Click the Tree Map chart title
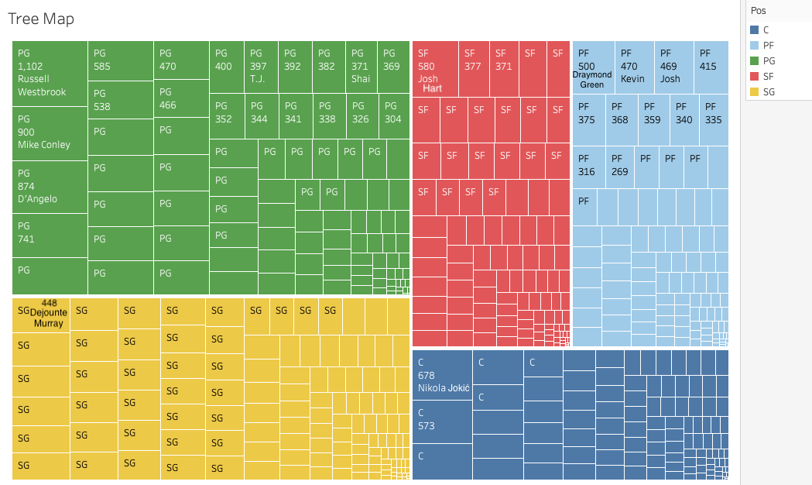(41, 19)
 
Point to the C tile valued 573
(442, 421)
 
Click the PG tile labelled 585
(120, 61)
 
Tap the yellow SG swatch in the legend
(755, 92)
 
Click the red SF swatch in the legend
(755, 77)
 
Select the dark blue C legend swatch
(755, 30)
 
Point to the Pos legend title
(757, 11)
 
